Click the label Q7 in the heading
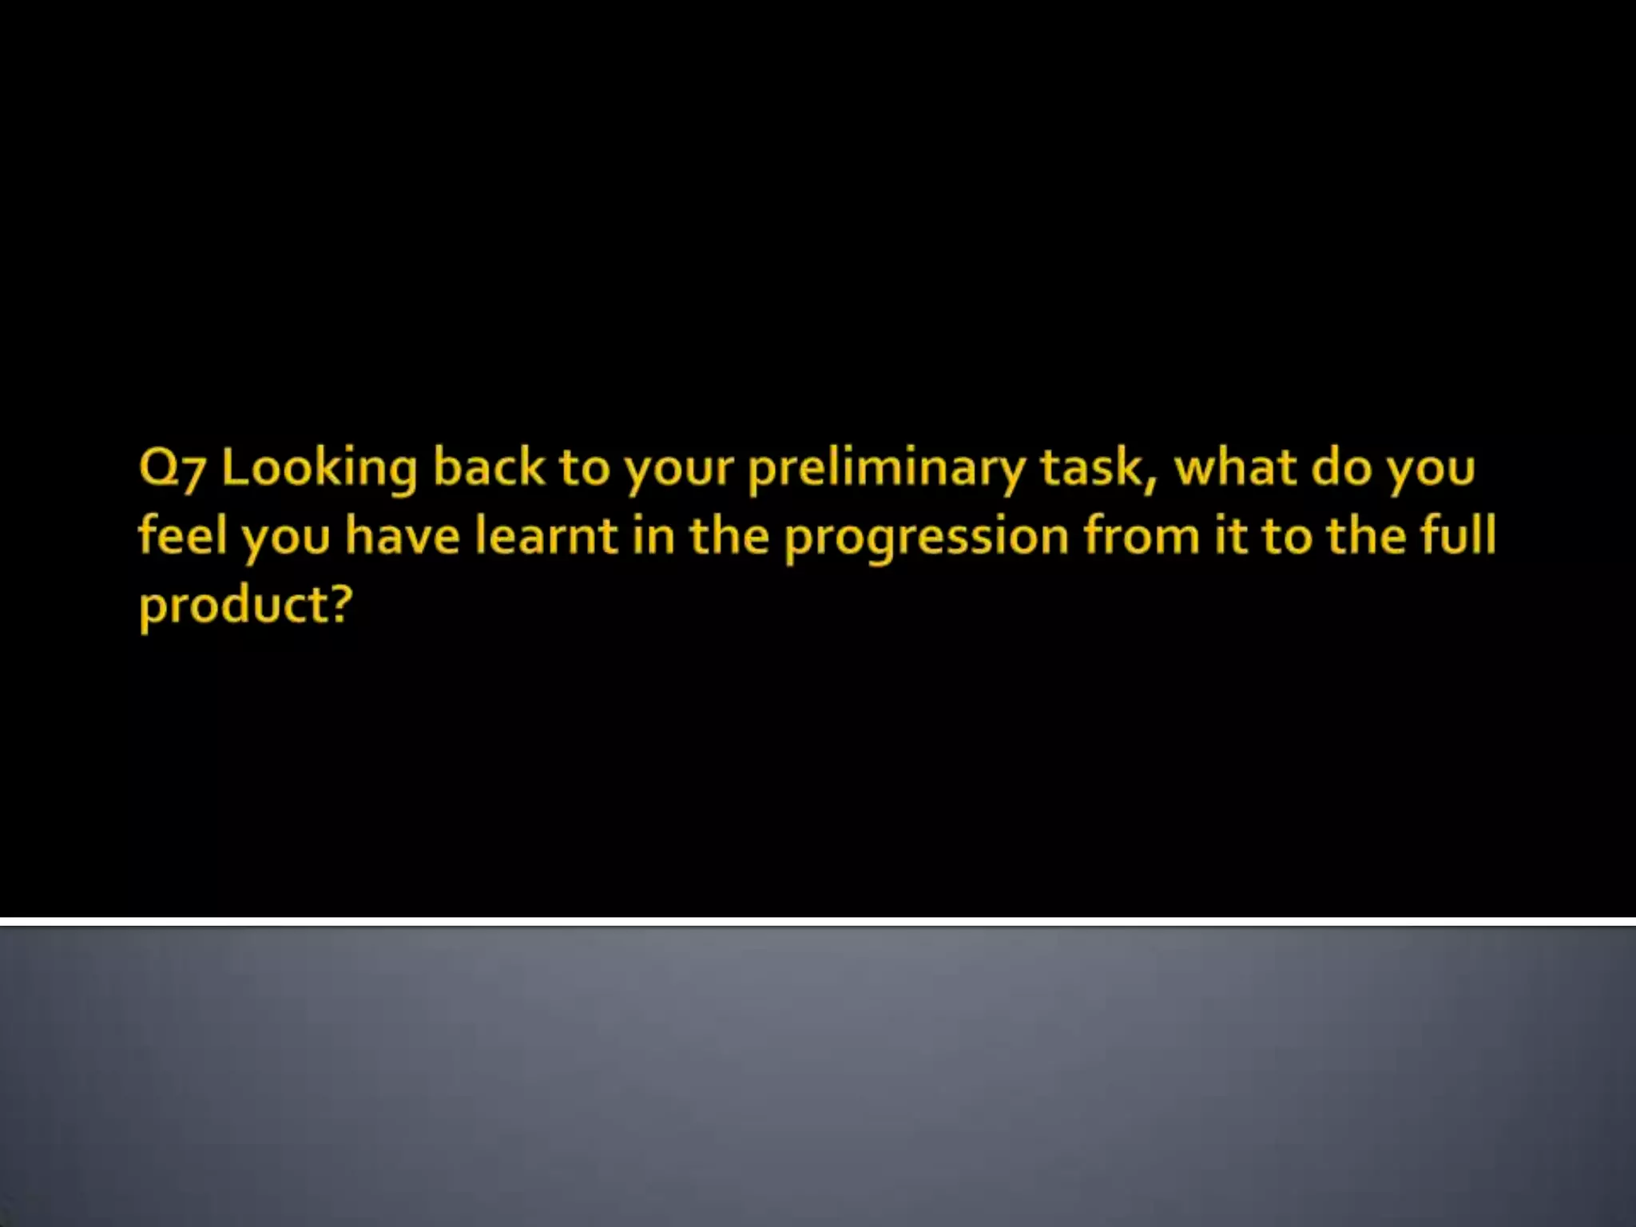[172, 468]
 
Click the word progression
[926, 537]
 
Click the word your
[678, 470]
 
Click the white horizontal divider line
[818, 921]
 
